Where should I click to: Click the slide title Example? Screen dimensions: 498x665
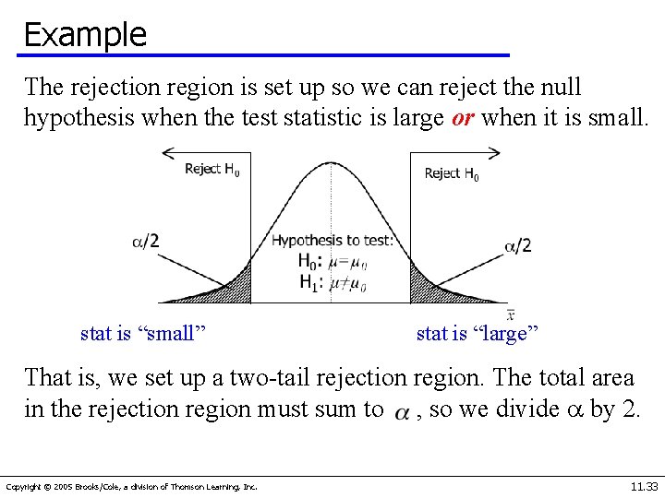point(85,34)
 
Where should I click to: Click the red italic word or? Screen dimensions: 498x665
point(465,118)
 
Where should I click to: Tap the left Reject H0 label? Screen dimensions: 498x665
point(212,169)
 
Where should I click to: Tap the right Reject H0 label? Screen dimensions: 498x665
point(451,173)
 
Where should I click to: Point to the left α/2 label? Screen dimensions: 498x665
point(145,242)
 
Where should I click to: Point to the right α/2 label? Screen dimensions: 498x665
point(517,245)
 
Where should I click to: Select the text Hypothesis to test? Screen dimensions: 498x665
point(332,241)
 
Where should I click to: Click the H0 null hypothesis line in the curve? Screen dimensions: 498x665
point(332,262)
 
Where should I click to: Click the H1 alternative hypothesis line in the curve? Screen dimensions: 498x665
point(332,283)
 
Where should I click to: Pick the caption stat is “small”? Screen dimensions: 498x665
point(142,333)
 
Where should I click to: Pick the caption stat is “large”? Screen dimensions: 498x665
point(478,333)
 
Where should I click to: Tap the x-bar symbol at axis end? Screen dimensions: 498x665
point(510,314)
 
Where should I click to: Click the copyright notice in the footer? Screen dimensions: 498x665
point(132,486)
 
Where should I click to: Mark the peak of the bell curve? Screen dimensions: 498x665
point(331,164)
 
